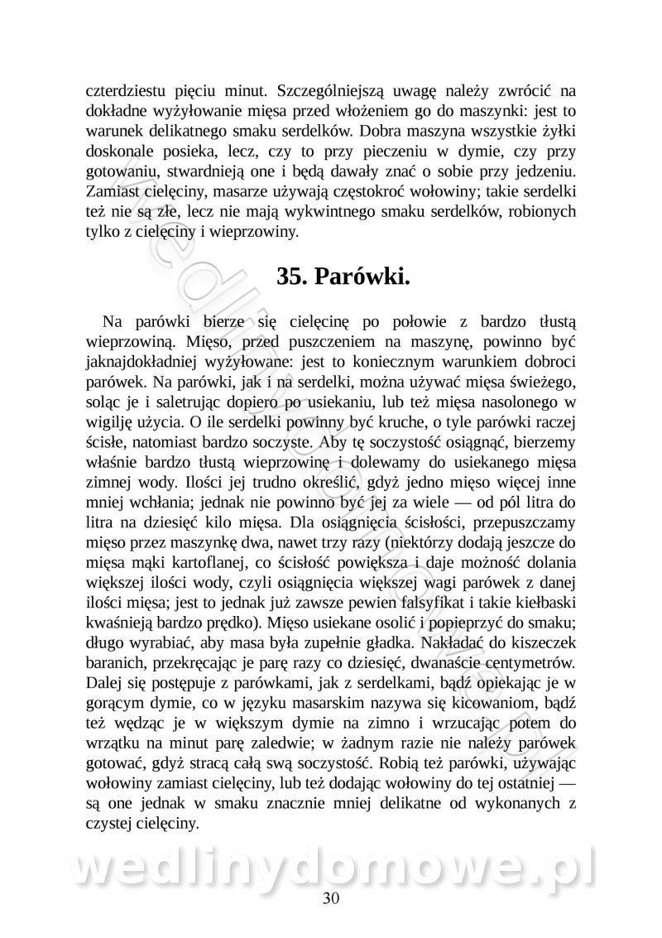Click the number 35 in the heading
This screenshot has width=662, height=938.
292,277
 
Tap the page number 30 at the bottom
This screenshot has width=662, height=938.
331,899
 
